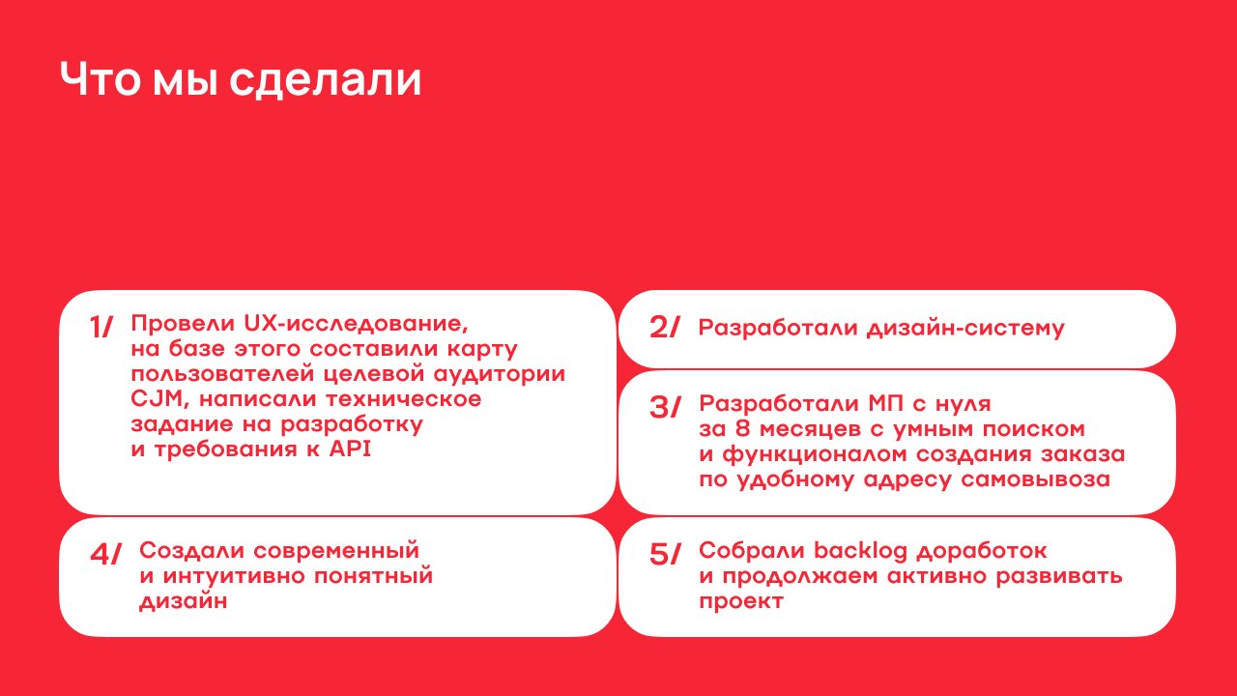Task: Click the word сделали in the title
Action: pos(326,80)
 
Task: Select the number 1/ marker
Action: pos(101,327)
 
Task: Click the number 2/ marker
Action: pos(664,327)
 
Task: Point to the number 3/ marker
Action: pos(665,408)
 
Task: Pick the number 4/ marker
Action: pos(105,554)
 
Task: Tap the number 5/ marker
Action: pos(665,554)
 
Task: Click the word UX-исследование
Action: pos(356,324)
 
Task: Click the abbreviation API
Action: pos(350,449)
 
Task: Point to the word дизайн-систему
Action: pos(965,328)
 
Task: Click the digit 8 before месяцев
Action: pos(743,428)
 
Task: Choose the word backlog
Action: pos(860,551)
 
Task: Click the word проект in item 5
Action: pos(741,601)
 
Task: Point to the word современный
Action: pos(336,551)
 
